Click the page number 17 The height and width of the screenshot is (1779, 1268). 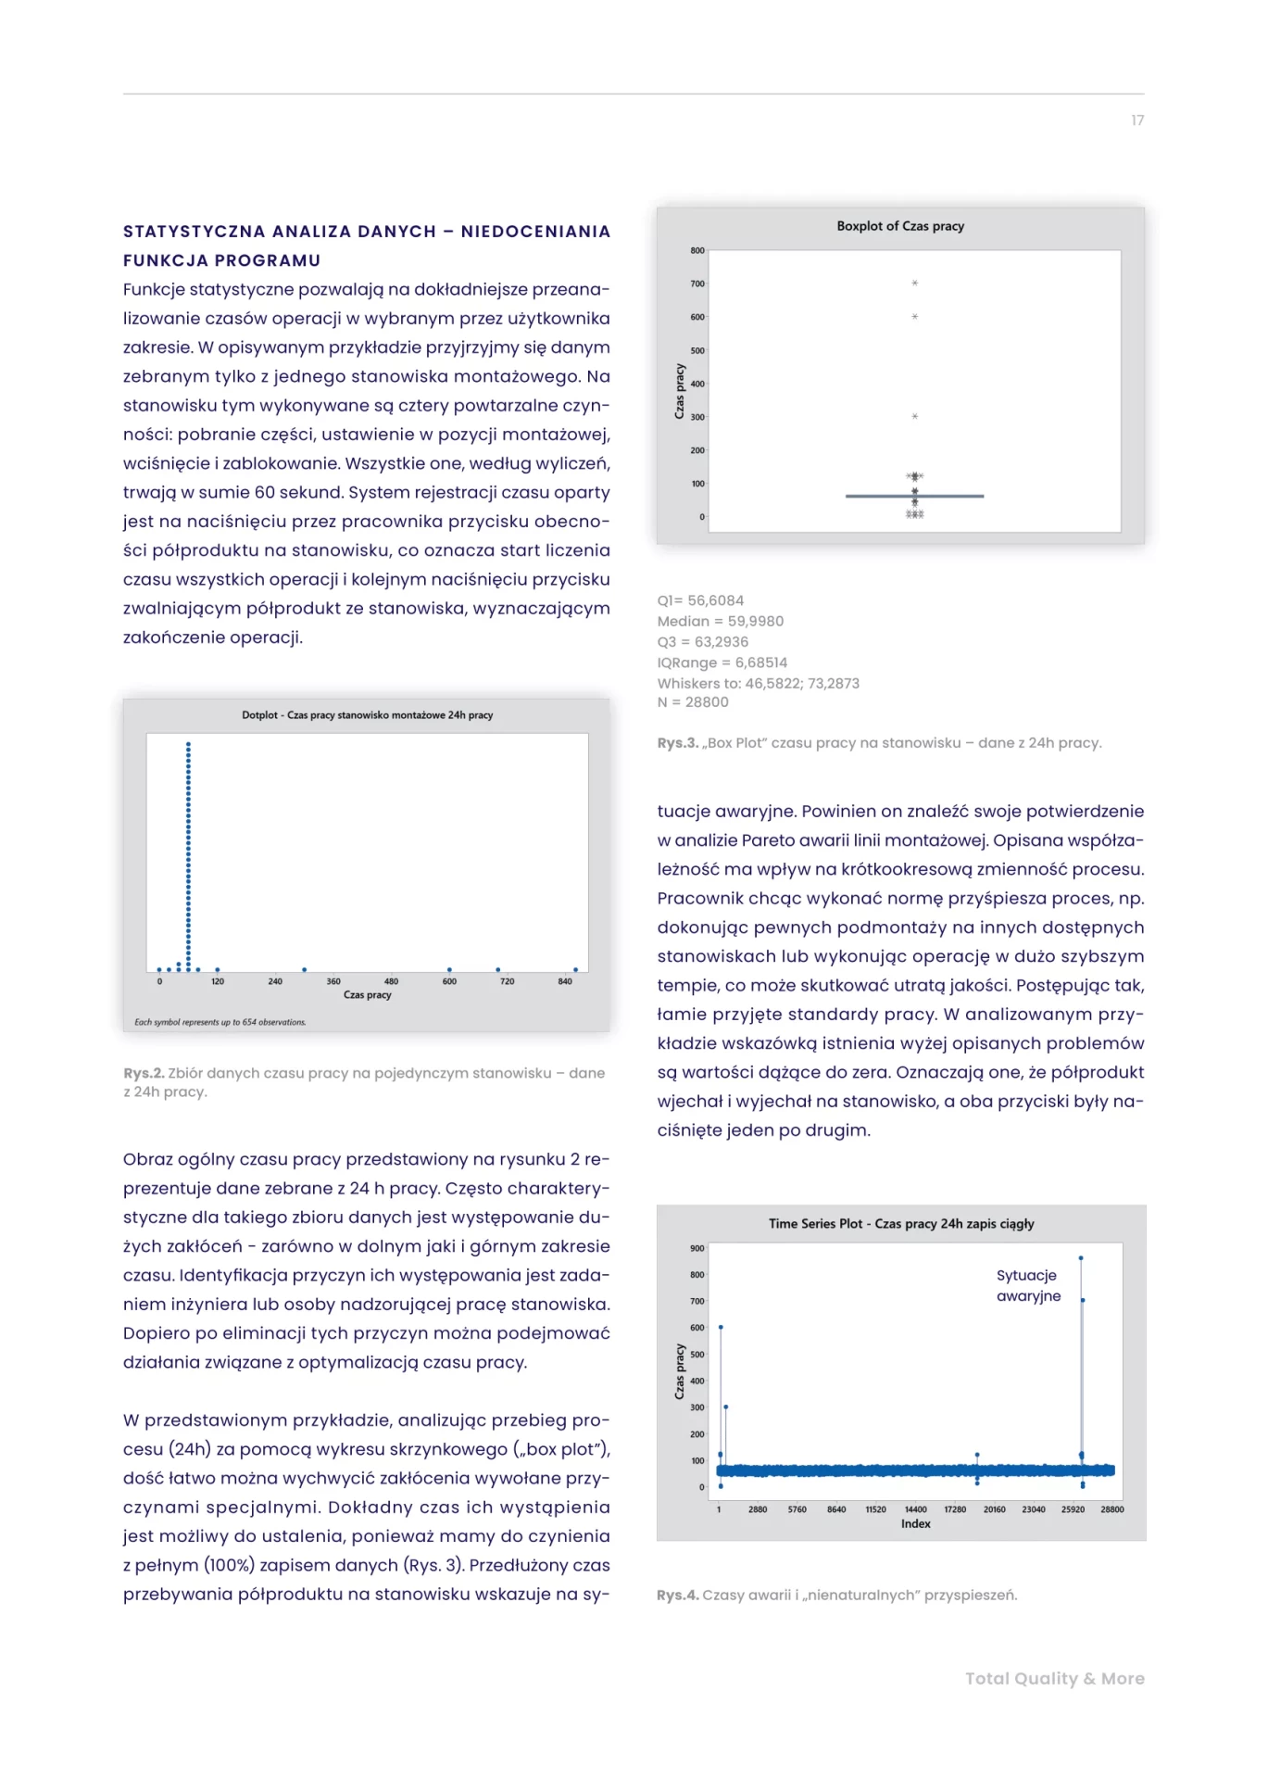coord(1136,120)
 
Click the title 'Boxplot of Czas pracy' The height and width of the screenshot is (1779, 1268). coord(899,226)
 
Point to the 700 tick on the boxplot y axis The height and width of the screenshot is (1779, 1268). coord(697,284)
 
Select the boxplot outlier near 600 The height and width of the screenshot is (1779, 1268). coord(914,317)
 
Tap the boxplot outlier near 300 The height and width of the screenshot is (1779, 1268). coord(914,417)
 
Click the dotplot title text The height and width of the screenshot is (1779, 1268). coord(367,715)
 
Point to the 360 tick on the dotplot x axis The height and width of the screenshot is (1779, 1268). coord(333,981)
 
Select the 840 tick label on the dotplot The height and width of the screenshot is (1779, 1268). coord(565,981)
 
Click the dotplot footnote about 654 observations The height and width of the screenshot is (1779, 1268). coord(220,1022)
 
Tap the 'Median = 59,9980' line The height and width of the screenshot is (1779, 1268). coord(720,621)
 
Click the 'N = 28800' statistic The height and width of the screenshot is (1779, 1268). coord(692,702)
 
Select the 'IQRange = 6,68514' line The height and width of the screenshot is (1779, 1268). coord(722,662)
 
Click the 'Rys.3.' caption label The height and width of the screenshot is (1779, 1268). coord(677,743)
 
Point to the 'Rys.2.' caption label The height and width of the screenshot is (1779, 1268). coord(144,1073)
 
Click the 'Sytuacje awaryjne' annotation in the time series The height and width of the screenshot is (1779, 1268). coord(1027,1286)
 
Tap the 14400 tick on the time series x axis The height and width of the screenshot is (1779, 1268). coord(915,1509)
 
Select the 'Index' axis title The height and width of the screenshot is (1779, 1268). coord(915,1524)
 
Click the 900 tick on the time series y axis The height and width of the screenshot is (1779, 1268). coord(697,1249)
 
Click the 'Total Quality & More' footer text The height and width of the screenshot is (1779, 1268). coord(1054,1679)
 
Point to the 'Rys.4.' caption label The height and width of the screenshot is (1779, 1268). coord(677,1596)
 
